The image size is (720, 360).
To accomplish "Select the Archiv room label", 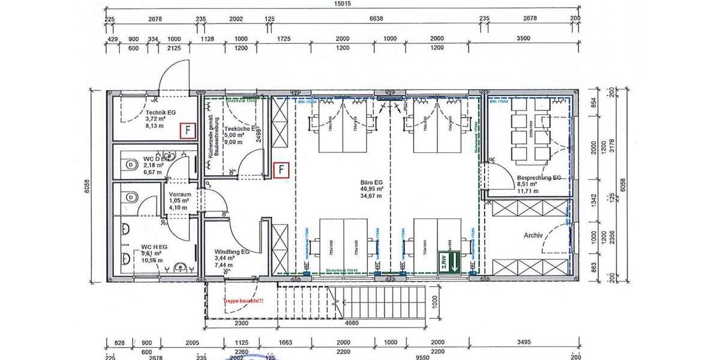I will [x=532, y=236].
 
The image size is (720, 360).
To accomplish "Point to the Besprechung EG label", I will [x=539, y=178].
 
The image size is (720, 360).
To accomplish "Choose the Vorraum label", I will [x=179, y=195].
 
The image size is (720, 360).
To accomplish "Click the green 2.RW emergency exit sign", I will [x=449, y=261].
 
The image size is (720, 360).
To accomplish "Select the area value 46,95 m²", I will [x=372, y=188].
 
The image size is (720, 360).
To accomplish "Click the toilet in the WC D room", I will [x=129, y=164].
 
